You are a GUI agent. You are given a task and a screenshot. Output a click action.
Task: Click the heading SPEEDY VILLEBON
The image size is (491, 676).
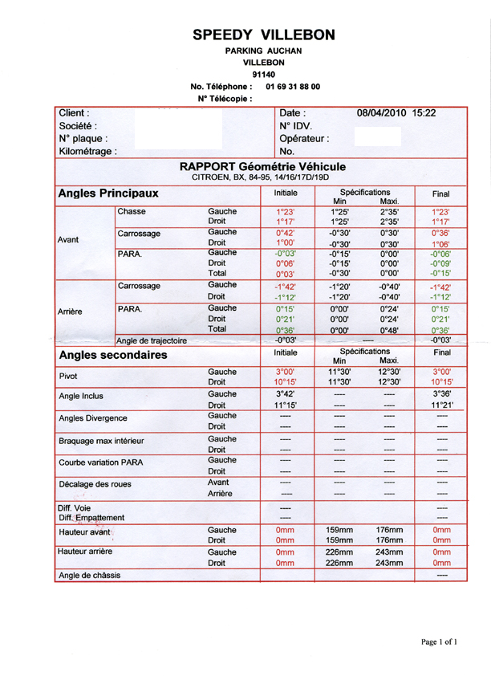pyautogui.click(x=264, y=35)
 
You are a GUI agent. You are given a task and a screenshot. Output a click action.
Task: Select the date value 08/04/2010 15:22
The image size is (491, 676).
pyautogui.click(x=396, y=113)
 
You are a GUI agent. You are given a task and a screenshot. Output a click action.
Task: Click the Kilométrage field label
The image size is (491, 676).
pyautogui.click(x=88, y=151)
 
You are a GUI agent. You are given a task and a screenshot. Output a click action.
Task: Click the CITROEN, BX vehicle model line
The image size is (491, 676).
pyautogui.click(x=261, y=177)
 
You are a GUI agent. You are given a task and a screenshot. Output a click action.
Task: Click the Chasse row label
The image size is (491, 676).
pyautogui.click(x=132, y=211)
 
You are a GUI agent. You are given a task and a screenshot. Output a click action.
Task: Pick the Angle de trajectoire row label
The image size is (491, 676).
pyautogui.click(x=152, y=340)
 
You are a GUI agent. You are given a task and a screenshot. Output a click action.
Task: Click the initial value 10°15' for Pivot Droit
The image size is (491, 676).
pyautogui.click(x=286, y=382)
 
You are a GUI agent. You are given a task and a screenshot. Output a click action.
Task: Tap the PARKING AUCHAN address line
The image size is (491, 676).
pyautogui.click(x=264, y=51)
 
